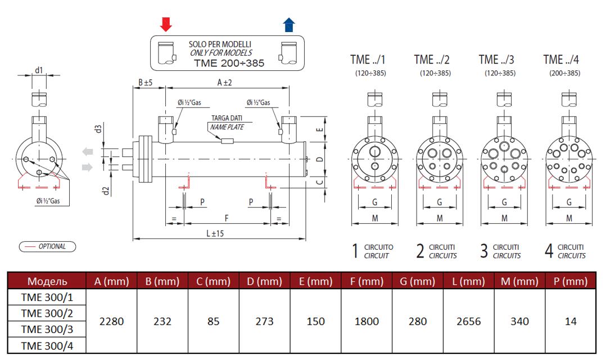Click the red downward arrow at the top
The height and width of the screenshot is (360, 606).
click(166, 24)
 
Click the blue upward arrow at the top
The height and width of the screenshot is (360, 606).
click(289, 24)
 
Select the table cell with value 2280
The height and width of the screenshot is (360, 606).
click(111, 321)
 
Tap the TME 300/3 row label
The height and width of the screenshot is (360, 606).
click(46, 329)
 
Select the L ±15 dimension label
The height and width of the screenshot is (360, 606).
click(211, 233)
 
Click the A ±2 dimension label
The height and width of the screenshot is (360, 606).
click(224, 82)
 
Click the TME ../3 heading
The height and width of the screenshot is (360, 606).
click(496, 60)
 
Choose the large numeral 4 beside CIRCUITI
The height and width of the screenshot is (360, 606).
click(549, 251)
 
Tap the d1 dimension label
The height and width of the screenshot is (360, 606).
click(39, 70)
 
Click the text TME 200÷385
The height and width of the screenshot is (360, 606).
click(229, 63)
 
